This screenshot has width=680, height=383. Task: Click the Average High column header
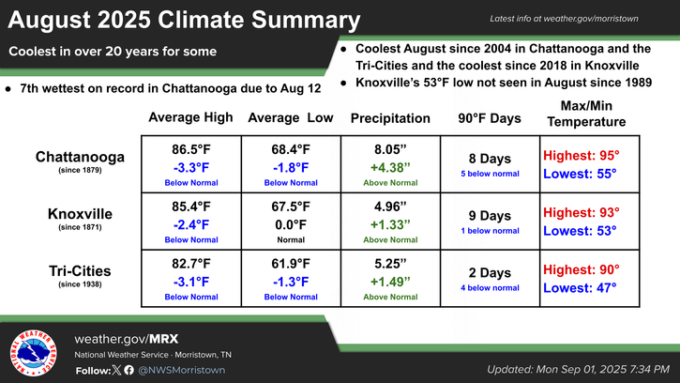[x=190, y=118]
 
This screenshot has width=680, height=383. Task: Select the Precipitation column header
[x=390, y=118]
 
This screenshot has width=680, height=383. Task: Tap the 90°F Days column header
[x=489, y=118]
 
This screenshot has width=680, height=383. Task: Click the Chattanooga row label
[x=76, y=156]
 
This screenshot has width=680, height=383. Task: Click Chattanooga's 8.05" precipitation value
[x=390, y=147]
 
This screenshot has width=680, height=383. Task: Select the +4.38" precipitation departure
[x=390, y=166]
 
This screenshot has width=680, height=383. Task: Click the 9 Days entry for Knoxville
[x=489, y=215]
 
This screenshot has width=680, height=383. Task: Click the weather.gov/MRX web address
[x=126, y=337]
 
